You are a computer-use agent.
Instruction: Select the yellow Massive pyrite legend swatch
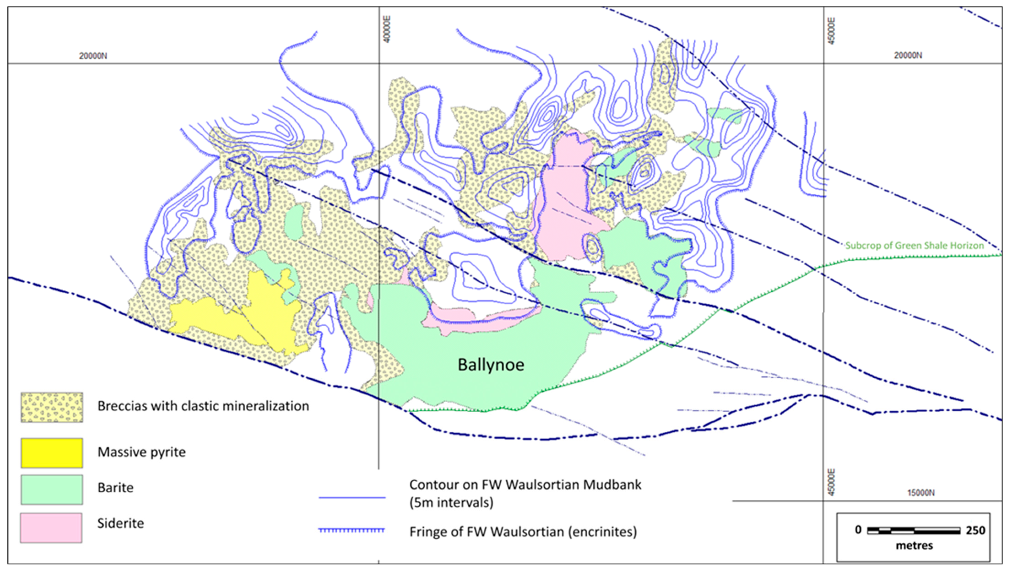click(52, 453)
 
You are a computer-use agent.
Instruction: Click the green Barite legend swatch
click(52, 489)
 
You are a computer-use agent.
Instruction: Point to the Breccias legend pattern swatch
click(52, 407)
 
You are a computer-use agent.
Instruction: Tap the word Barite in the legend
click(115, 488)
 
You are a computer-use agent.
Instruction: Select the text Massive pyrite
click(141, 452)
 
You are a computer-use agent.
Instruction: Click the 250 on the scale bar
click(975, 530)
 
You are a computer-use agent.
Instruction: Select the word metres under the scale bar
click(914, 546)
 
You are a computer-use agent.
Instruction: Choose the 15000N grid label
click(921, 493)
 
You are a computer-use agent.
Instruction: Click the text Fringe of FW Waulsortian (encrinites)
click(523, 532)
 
